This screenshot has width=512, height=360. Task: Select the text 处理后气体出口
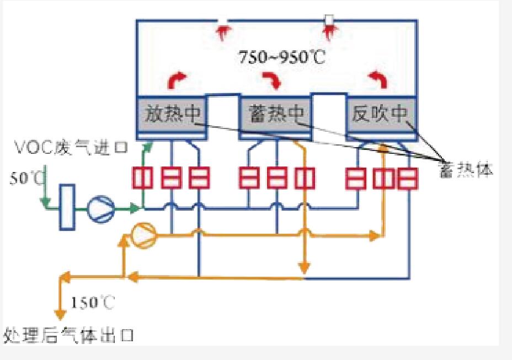[x=68, y=334]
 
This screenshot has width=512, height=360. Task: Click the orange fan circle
[x=143, y=235]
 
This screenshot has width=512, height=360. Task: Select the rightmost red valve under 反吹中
[x=409, y=178]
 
